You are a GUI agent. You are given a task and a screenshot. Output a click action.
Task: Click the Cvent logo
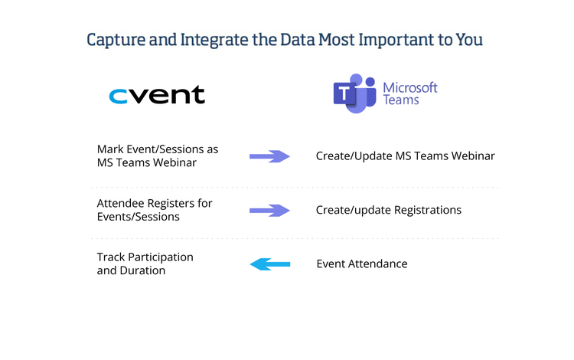pos(157,95)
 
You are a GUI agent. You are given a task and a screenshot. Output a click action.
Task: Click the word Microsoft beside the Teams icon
pos(409,87)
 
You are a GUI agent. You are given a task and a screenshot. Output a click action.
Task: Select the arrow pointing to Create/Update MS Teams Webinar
pos(269,156)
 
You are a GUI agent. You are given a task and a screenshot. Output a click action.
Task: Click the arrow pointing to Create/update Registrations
pos(269,211)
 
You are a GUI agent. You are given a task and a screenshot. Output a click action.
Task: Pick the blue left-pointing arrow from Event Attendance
pos(269,264)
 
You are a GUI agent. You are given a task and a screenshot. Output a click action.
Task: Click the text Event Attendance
pos(361,264)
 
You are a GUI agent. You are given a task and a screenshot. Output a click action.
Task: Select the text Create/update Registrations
pos(388,211)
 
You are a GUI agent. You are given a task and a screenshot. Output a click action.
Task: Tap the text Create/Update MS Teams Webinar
pos(405,156)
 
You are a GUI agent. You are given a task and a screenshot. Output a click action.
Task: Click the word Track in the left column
pos(112,257)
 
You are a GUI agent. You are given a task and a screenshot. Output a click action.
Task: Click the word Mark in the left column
pos(110,149)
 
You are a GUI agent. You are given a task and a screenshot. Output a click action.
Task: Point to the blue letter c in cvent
pos(119,96)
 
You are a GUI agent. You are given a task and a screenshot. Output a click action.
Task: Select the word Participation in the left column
pos(161,257)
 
